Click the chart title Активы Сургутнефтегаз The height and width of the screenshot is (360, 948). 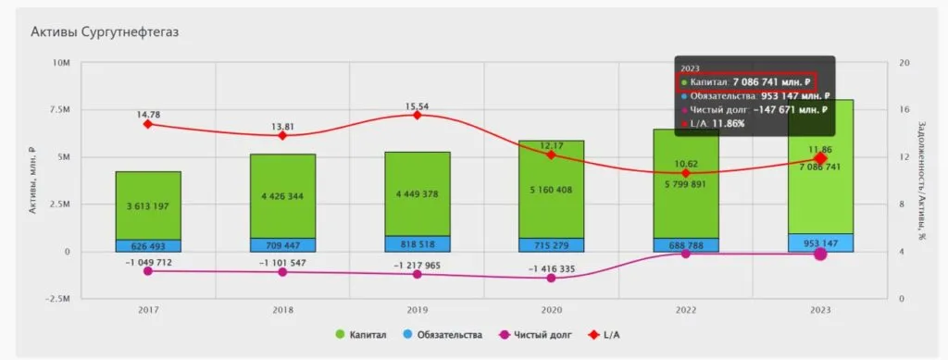tap(104, 31)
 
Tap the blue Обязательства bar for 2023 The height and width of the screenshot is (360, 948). tap(820, 242)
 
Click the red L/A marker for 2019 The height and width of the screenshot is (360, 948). tap(418, 115)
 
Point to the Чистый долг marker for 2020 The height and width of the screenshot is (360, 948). tap(551, 278)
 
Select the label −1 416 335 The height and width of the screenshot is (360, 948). tap(551, 268)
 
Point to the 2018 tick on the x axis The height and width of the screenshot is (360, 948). tap(283, 311)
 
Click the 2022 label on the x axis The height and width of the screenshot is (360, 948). tap(686, 311)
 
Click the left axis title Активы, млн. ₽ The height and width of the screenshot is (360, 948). tap(31, 181)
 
